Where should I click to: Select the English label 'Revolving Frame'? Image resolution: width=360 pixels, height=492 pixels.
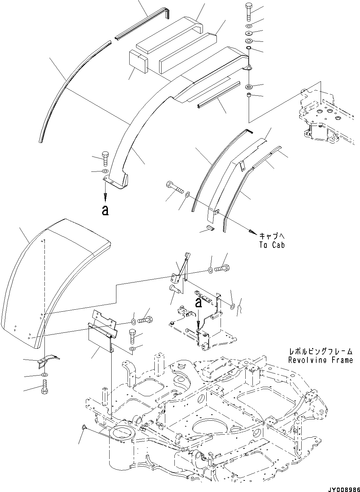[x=320, y=360]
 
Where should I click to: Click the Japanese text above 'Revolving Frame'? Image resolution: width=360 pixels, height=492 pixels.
[x=320, y=352]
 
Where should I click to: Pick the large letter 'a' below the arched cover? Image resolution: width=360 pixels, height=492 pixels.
[x=106, y=211]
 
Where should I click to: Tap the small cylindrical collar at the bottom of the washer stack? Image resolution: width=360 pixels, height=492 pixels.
[x=249, y=95]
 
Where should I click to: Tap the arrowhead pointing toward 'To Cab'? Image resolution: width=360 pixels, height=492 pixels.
[x=252, y=232]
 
